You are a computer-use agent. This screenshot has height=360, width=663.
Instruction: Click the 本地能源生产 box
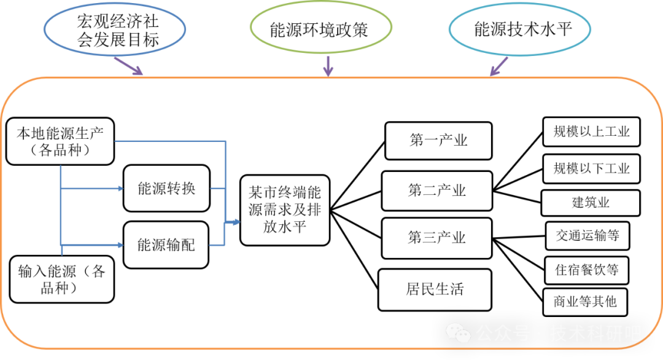click(x=60, y=141)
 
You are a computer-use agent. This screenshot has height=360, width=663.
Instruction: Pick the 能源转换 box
click(x=166, y=188)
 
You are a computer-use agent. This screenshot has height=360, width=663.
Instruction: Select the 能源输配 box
click(x=166, y=245)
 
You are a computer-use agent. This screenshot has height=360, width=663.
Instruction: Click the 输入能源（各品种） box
click(x=61, y=279)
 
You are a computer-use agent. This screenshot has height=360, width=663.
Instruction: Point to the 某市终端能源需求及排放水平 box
click(x=285, y=209)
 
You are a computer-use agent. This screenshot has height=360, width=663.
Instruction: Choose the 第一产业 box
click(x=438, y=141)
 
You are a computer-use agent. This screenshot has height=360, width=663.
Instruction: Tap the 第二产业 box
click(x=437, y=190)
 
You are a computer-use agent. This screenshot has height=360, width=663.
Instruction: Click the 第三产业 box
click(x=437, y=238)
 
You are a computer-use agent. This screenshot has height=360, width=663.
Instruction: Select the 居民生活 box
click(x=435, y=289)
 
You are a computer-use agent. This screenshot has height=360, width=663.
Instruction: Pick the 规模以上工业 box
click(x=591, y=131)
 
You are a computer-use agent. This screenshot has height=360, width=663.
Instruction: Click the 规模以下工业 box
click(x=591, y=168)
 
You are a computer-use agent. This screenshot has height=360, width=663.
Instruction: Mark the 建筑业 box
click(x=591, y=203)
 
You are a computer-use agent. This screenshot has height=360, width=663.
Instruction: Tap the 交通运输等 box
click(x=587, y=235)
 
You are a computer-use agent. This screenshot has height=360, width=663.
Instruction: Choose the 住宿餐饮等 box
click(x=587, y=270)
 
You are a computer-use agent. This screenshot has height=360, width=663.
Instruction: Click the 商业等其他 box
click(x=585, y=302)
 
